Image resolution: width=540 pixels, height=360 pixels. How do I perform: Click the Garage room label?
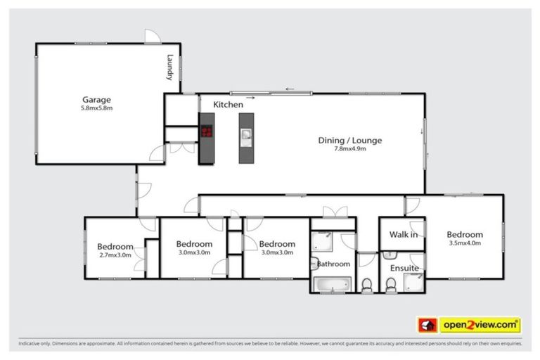pos(96,100)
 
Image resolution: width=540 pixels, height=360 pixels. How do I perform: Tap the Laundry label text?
pos(169,68)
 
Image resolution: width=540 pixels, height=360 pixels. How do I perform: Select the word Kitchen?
pos(229,105)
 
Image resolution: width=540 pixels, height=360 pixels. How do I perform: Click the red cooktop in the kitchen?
pos(207,131)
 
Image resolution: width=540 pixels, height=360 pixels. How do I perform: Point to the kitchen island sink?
pos(247,134)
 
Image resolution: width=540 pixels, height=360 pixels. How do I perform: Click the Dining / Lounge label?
pos(349,141)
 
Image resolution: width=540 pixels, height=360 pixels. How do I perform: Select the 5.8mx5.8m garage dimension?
pos(96,109)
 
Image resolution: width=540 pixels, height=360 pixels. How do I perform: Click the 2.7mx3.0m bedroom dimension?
pos(115,256)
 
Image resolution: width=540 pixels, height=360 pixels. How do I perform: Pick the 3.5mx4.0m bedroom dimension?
pos(464,244)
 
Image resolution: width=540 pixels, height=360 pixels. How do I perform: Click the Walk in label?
pos(404,235)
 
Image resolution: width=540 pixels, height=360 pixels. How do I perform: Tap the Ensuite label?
pos(404,269)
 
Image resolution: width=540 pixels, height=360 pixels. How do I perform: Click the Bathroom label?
pos(333,264)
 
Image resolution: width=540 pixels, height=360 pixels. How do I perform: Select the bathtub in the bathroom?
pos(331,284)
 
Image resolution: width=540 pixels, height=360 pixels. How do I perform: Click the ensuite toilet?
pos(390,284)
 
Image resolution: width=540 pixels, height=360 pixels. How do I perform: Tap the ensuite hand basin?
pos(390,255)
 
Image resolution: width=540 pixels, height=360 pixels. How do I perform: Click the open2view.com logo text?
pos(480,325)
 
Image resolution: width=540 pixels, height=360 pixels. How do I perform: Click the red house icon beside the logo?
pos(427,325)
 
